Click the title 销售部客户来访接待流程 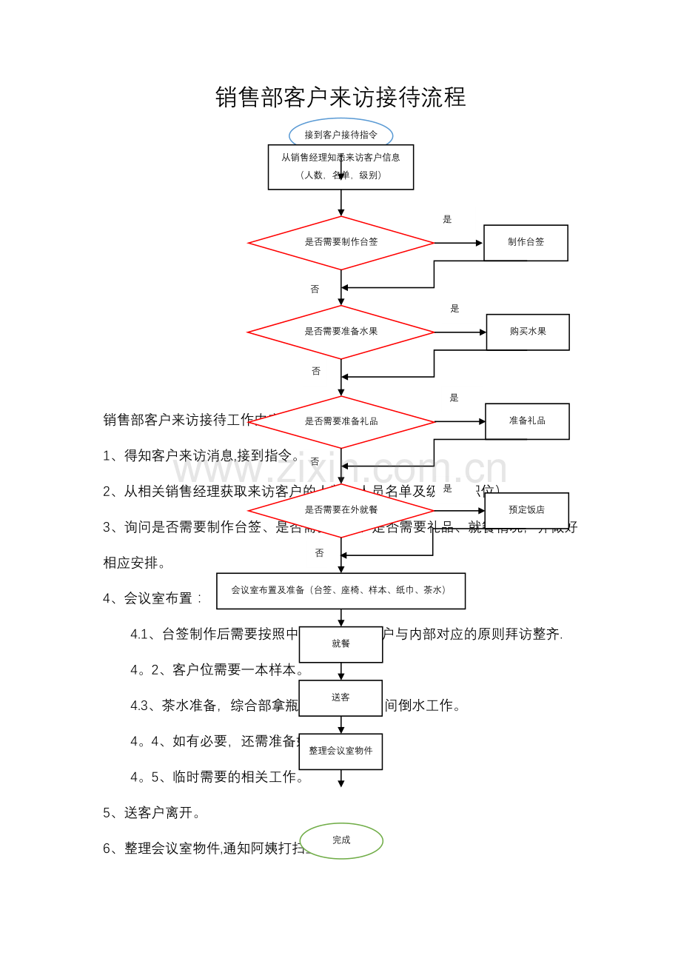click(x=340, y=97)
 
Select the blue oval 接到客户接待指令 click(x=340, y=134)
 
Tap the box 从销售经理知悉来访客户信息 click(x=340, y=167)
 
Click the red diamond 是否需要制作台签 click(x=340, y=242)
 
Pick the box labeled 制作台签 click(x=526, y=242)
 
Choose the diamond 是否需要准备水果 click(x=340, y=332)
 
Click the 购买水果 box click(x=528, y=332)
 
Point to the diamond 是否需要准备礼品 click(x=340, y=421)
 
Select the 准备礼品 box click(x=527, y=421)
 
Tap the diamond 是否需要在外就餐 click(x=340, y=510)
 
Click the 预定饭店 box click(x=526, y=510)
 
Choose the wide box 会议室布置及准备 click(x=340, y=590)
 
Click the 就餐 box click(x=340, y=644)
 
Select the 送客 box click(x=340, y=697)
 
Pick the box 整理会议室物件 click(x=340, y=751)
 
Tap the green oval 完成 click(x=341, y=840)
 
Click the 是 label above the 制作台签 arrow click(x=447, y=219)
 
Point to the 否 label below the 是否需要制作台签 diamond click(x=315, y=289)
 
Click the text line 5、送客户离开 click(x=152, y=813)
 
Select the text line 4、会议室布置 click(x=152, y=598)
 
